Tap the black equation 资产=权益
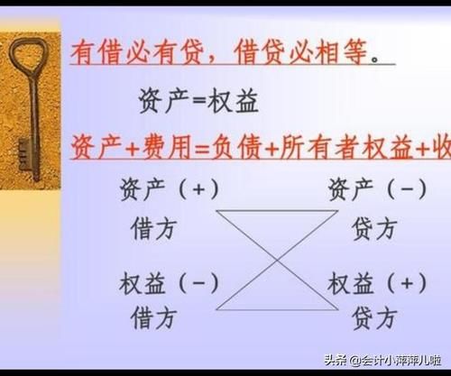coord(198,99)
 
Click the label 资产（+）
coord(169,189)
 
